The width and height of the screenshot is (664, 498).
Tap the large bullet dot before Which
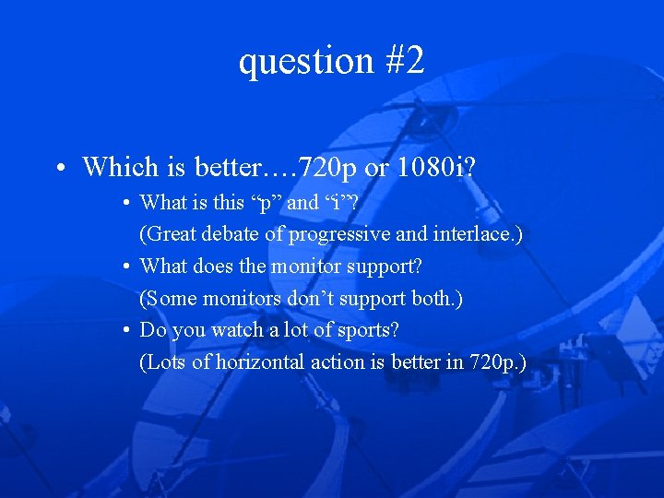coord(58,169)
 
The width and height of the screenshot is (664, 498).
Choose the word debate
coord(233,234)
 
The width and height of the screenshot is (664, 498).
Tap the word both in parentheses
coord(438,298)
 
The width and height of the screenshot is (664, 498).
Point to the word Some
coord(170,298)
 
